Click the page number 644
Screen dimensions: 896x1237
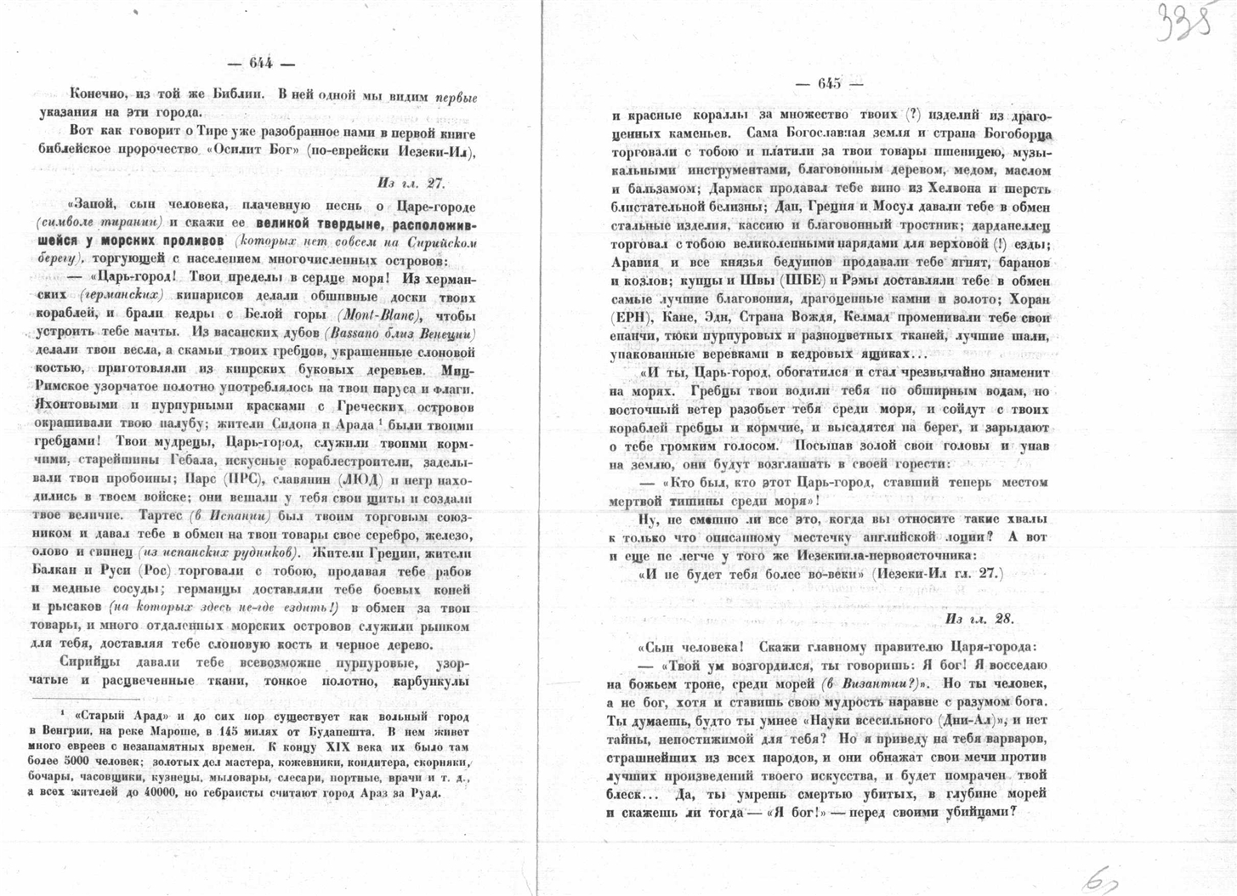260,63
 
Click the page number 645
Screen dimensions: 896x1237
829,83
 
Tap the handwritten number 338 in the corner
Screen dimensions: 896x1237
1184,24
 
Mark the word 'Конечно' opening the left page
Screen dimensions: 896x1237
96,95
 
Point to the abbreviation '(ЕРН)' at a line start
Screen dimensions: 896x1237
628,317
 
